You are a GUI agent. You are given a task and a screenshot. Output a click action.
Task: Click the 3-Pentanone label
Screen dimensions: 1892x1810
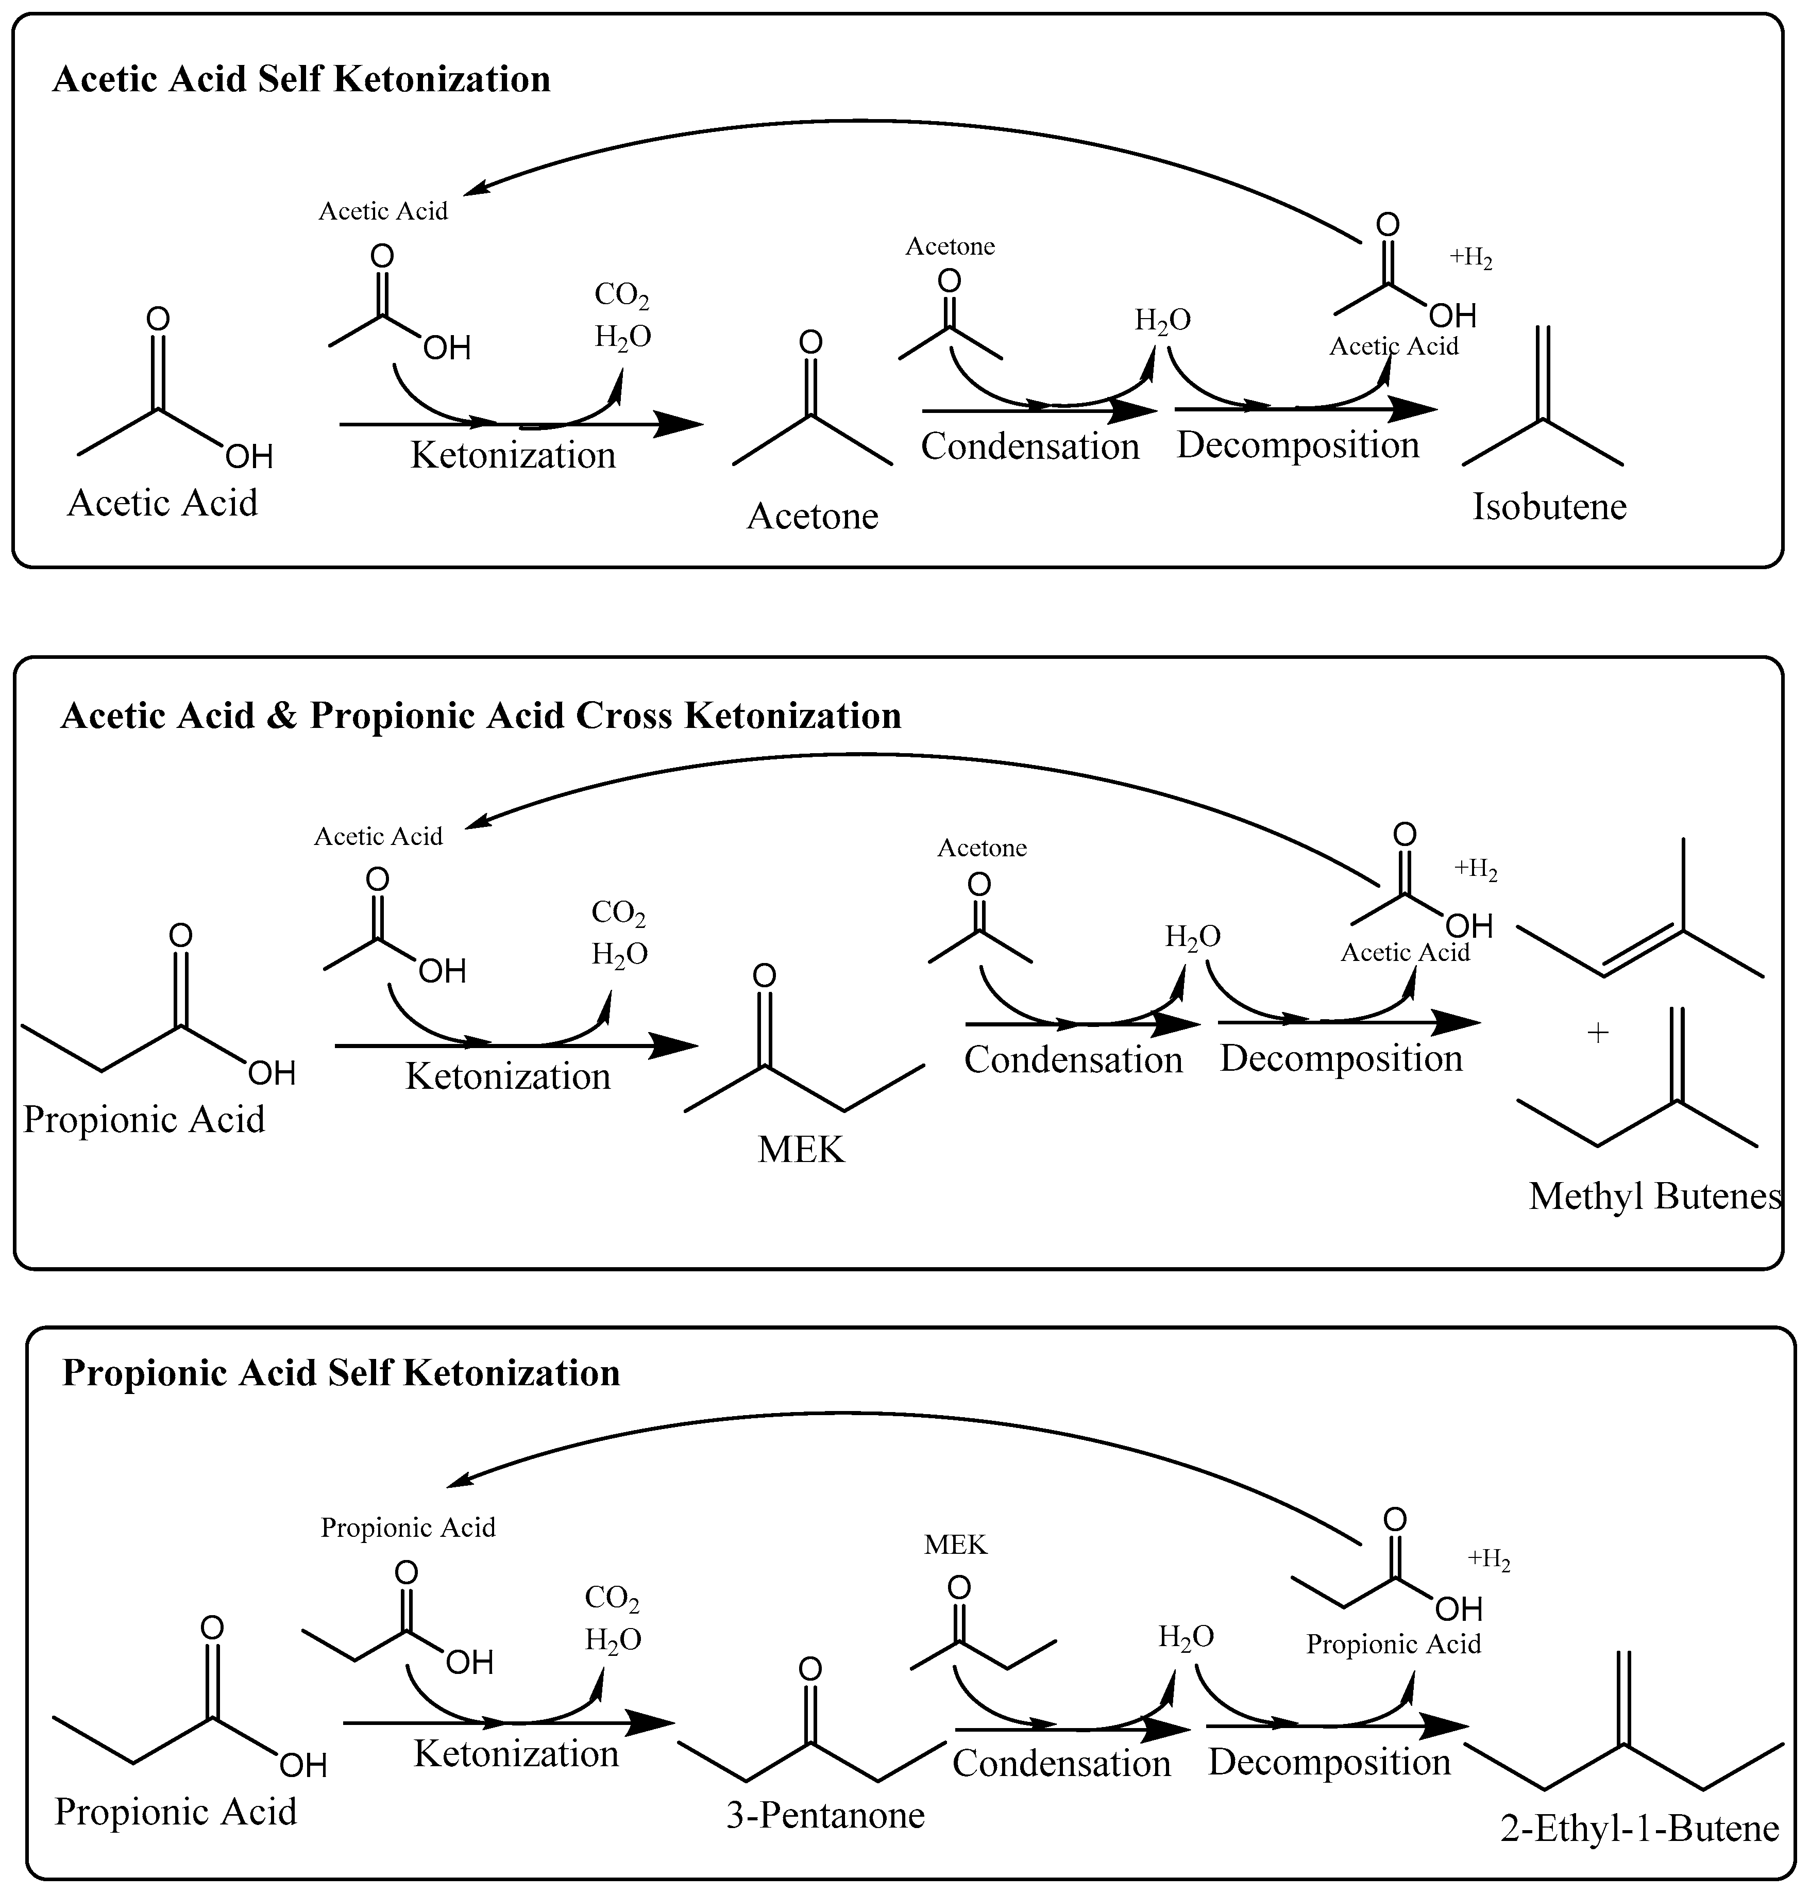[826, 1815]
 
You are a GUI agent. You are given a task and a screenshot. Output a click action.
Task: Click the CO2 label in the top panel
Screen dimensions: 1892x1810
[621, 295]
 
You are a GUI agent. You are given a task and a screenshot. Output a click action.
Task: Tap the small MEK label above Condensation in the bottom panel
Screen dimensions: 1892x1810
[955, 1545]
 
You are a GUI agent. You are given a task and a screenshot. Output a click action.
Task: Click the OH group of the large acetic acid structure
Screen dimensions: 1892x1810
[249, 456]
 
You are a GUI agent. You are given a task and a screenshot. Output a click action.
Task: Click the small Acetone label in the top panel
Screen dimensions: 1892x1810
[950, 246]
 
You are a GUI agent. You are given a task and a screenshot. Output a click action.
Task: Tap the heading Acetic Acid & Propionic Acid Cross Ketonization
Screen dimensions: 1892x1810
[481, 715]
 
